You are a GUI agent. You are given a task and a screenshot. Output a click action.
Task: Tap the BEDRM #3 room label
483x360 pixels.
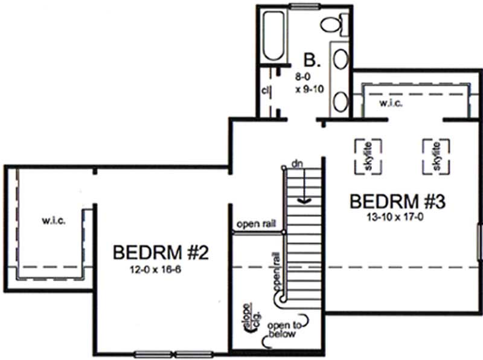coord(397,201)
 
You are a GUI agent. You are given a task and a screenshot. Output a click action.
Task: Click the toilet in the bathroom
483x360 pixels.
coord(333,25)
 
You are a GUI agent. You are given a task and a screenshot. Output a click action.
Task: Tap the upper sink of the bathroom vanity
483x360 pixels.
coord(341,61)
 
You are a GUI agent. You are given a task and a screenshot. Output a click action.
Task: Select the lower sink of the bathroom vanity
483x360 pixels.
coord(341,100)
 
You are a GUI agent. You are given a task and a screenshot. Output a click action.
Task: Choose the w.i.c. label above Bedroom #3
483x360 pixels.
coord(391,103)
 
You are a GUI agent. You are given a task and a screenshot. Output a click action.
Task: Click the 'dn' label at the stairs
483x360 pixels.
coord(296,164)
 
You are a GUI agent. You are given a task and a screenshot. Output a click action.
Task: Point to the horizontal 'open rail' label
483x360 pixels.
coord(256,223)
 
